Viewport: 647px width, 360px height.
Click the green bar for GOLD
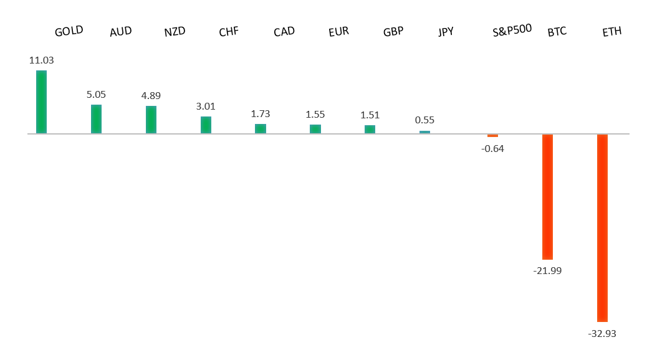pyautogui.click(x=41, y=102)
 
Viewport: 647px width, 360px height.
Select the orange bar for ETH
pyautogui.click(x=602, y=227)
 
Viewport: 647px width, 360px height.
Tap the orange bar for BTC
pyautogui.click(x=547, y=196)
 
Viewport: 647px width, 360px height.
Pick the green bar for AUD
pyautogui.click(x=96, y=119)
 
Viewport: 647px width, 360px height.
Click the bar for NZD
pyautogui.click(x=151, y=120)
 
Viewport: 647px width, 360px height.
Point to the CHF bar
pyautogui.click(x=206, y=125)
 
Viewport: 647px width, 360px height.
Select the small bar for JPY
pyautogui.click(x=424, y=132)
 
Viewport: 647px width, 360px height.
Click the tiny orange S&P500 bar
pyautogui.click(x=492, y=135)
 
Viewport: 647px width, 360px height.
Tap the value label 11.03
pyautogui.click(x=41, y=60)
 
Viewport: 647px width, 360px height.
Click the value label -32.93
pyautogui.click(x=601, y=333)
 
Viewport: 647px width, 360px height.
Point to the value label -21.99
pyautogui.click(x=547, y=271)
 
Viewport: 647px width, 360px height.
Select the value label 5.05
pyautogui.click(x=96, y=95)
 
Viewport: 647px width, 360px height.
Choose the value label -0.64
pyautogui.click(x=492, y=148)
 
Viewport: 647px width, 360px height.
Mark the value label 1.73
pyautogui.click(x=261, y=114)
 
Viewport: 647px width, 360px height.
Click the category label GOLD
pyautogui.click(x=69, y=31)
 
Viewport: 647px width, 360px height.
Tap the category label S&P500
pyautogui.click(x=512, y=29)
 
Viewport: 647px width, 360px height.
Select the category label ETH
pyautogui.click(x=611, y=31)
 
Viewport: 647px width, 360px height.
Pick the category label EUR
pyautogui.click(x=338, y=31)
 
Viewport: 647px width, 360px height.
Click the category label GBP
pyautogui.click(x=393, y=31)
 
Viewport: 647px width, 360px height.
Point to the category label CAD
pyautogui.click(x=284, y=31)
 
